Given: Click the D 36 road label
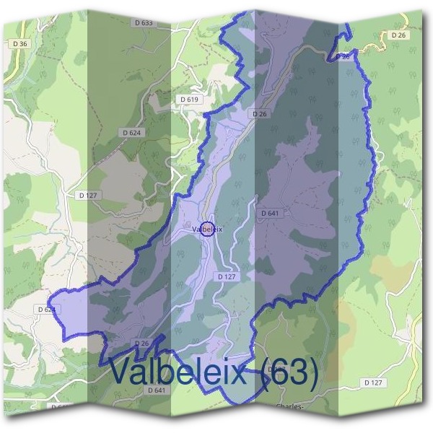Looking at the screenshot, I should pyautogui.click(x=20, y=44).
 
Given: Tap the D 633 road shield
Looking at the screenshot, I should pyautogui.click(x=144, y=23).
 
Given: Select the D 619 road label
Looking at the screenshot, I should pyautogui.click(x=188, y=99).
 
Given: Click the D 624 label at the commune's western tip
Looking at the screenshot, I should pyautogui.click(x=45, y=309).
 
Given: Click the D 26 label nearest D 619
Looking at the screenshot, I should pyautogui.click(x=260, y=114).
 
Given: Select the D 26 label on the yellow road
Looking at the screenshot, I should pyautogui.click(x=398, y=35).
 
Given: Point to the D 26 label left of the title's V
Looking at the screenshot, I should pyautogui.click(x=141, y=343).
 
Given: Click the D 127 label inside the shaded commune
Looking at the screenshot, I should pyautogui.click(x=226, y=276).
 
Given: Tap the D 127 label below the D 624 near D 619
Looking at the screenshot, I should pyautogui.click(x=87, y=195).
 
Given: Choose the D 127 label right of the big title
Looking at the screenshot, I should pyautogui.click(x=373, y=382).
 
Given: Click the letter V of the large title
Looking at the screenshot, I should pyautogui.click(x=122, y=372).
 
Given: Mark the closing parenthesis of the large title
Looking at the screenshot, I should pyautogui.click(x=311, y=373).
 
